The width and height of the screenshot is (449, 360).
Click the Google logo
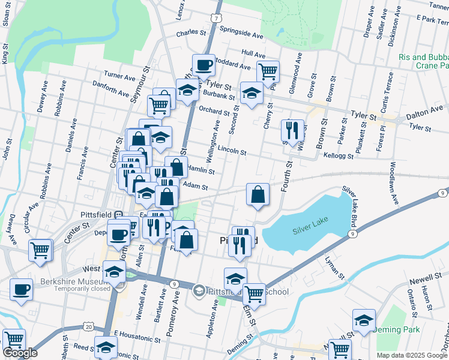coord(20,353)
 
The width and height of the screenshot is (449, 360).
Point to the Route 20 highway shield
coord(89,326)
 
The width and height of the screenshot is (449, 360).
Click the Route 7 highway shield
coord(215,17)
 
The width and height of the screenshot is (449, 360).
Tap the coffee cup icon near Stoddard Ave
coord(203,64)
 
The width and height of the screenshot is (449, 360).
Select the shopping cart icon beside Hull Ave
coord(268,71)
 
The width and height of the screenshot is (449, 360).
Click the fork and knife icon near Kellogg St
coord(292,130)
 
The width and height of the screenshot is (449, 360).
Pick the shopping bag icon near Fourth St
coord(258,194)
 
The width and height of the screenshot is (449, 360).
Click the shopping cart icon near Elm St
coord(254,293)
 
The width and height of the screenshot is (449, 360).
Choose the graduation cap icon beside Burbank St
coord(252,93)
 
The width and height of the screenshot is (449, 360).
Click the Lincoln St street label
coord(232,149)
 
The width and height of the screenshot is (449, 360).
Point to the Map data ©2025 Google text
coord(411,355)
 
